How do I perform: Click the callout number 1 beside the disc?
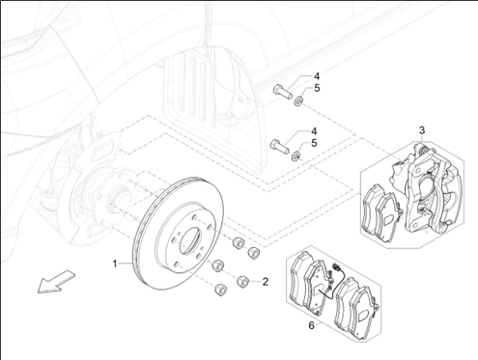(x=115, y=264)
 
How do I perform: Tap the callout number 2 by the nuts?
(x=266, y=282)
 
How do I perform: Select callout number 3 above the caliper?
(x=422, y=130)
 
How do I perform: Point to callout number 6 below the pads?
(x=311, y=325)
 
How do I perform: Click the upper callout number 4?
(x=317, y=76)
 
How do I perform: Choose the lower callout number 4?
(x=314, y=131)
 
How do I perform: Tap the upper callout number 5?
(x=317, y=88)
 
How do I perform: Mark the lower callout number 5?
(x=314, y=143)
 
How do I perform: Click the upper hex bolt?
(x=283, y=92)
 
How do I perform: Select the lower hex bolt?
(x=280, y=147)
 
